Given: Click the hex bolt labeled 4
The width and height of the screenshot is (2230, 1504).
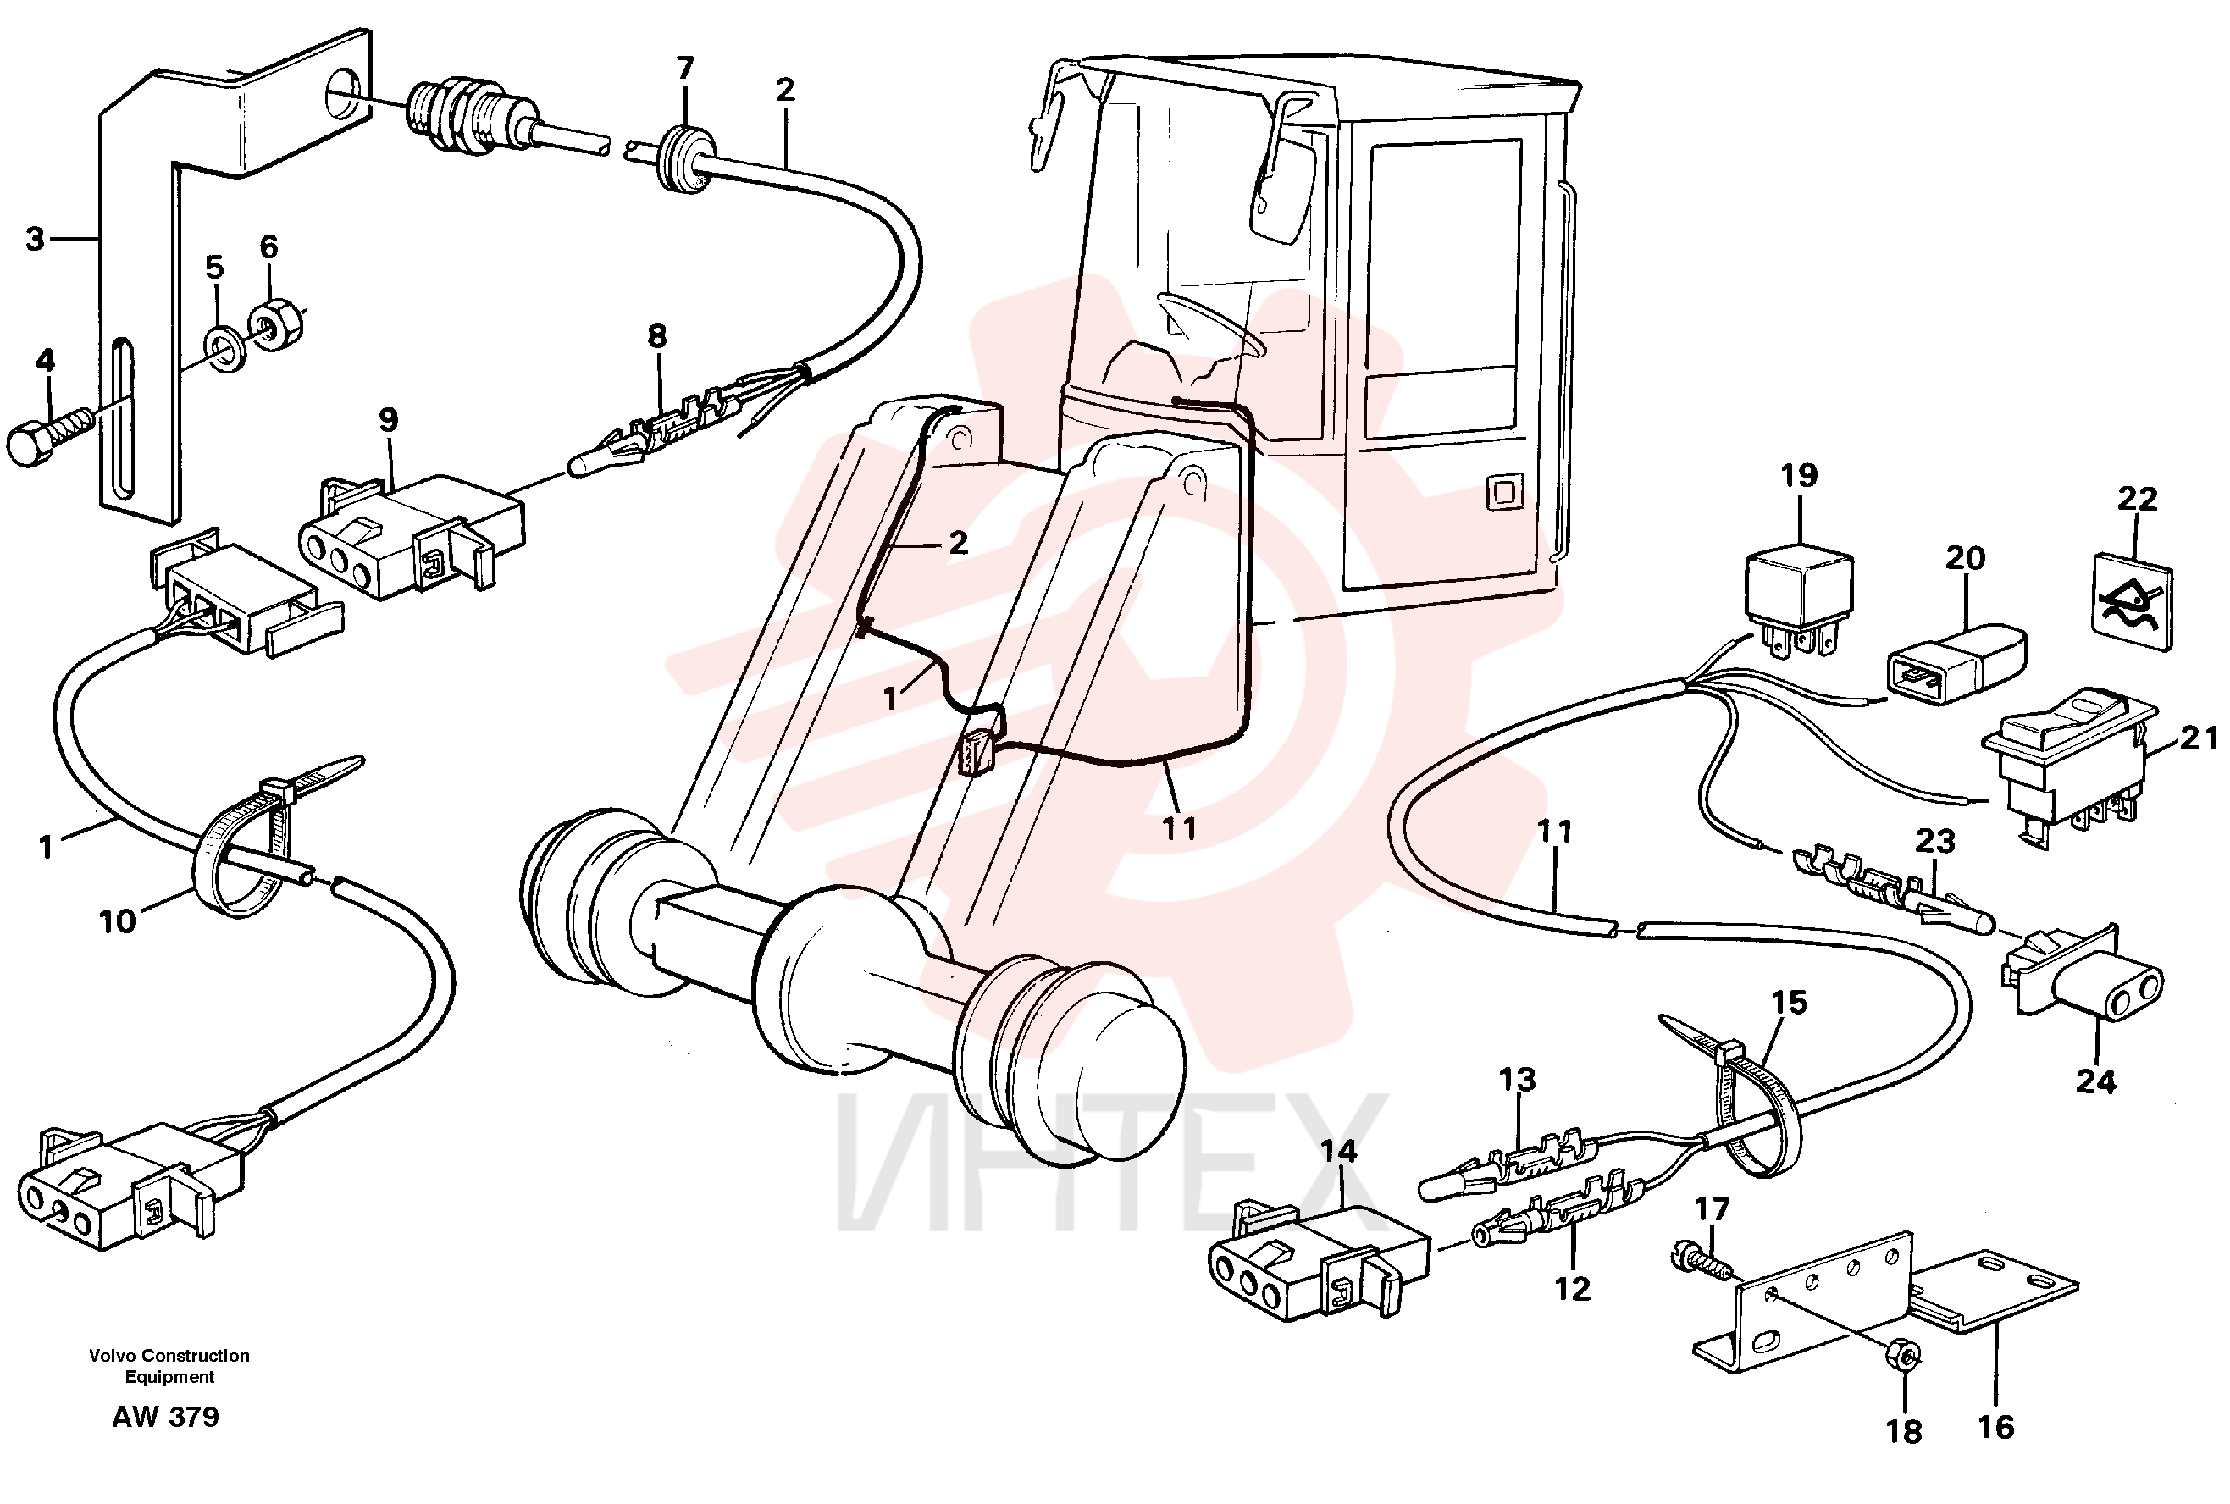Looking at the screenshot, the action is point(48,434).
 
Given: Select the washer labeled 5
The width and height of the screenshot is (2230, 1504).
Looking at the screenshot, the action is point(225,349).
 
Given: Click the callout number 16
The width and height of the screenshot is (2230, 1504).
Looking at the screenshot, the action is point(1996,1427).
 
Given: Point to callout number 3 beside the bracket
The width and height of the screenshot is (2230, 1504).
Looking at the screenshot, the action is point(35,238).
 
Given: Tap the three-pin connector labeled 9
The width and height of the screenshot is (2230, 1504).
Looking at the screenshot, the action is point(412,536).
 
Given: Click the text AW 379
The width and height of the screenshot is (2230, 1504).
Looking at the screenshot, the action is point(165,1417).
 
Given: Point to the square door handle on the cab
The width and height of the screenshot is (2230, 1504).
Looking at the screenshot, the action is point(1504,492).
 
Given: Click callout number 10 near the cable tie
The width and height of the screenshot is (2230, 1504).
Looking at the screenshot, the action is point(117,921).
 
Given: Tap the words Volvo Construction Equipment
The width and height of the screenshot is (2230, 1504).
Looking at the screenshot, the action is point(169,1366).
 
